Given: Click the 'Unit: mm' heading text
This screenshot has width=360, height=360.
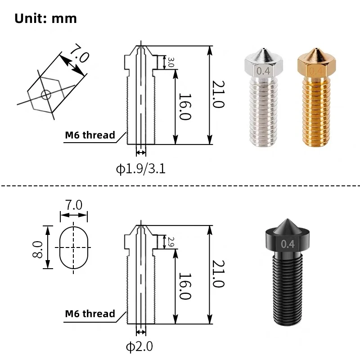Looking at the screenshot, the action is [x=45, y=18].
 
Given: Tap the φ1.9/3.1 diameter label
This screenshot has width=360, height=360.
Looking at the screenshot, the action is [x=141, y=169].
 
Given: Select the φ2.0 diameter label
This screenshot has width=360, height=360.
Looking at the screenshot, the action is [x=139, y=346].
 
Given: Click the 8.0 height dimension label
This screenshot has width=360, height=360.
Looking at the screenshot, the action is [x=37, y=250].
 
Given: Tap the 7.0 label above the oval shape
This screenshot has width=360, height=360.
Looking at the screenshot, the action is [x=73, y=205].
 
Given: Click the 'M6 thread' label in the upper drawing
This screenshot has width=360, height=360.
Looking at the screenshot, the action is [x=90, y=135].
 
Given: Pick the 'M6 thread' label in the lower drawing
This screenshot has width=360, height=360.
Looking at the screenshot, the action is [x=90, y=314].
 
